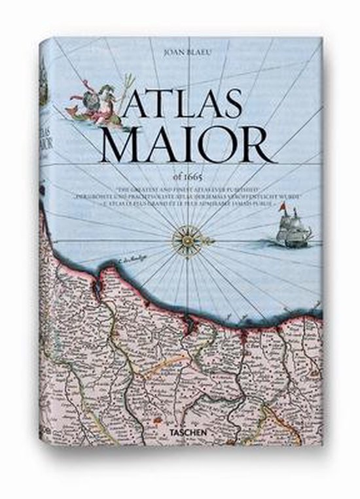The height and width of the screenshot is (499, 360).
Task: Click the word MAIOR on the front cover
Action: (x=183, y=145)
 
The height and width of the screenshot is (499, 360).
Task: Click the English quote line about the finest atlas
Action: (x=187, y=186)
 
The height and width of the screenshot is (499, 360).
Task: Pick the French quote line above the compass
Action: (x=187, y=201)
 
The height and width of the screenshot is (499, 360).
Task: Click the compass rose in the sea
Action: (x=187, y=241)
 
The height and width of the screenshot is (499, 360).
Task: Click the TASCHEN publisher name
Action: (x=186, y=432)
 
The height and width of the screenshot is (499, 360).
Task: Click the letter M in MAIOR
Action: (x=122, y=145)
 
